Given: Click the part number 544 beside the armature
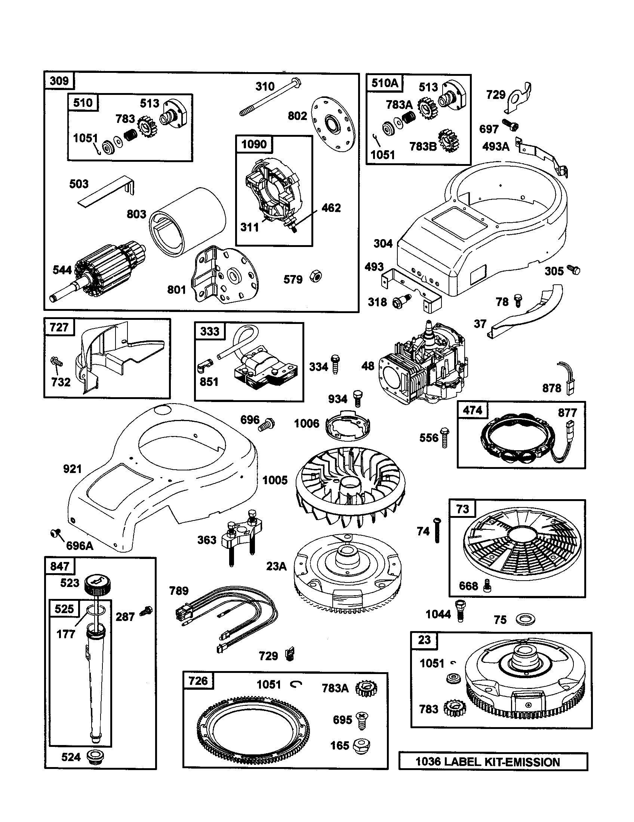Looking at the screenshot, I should coord(62,270).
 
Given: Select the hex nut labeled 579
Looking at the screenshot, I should coord(316,277).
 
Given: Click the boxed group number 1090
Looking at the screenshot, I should coord(254,144).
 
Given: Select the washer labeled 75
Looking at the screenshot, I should coord(525,619).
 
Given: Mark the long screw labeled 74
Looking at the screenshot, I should coord(437,530).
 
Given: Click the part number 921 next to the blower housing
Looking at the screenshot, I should coord(72,469).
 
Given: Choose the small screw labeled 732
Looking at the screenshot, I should coord(56,362).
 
